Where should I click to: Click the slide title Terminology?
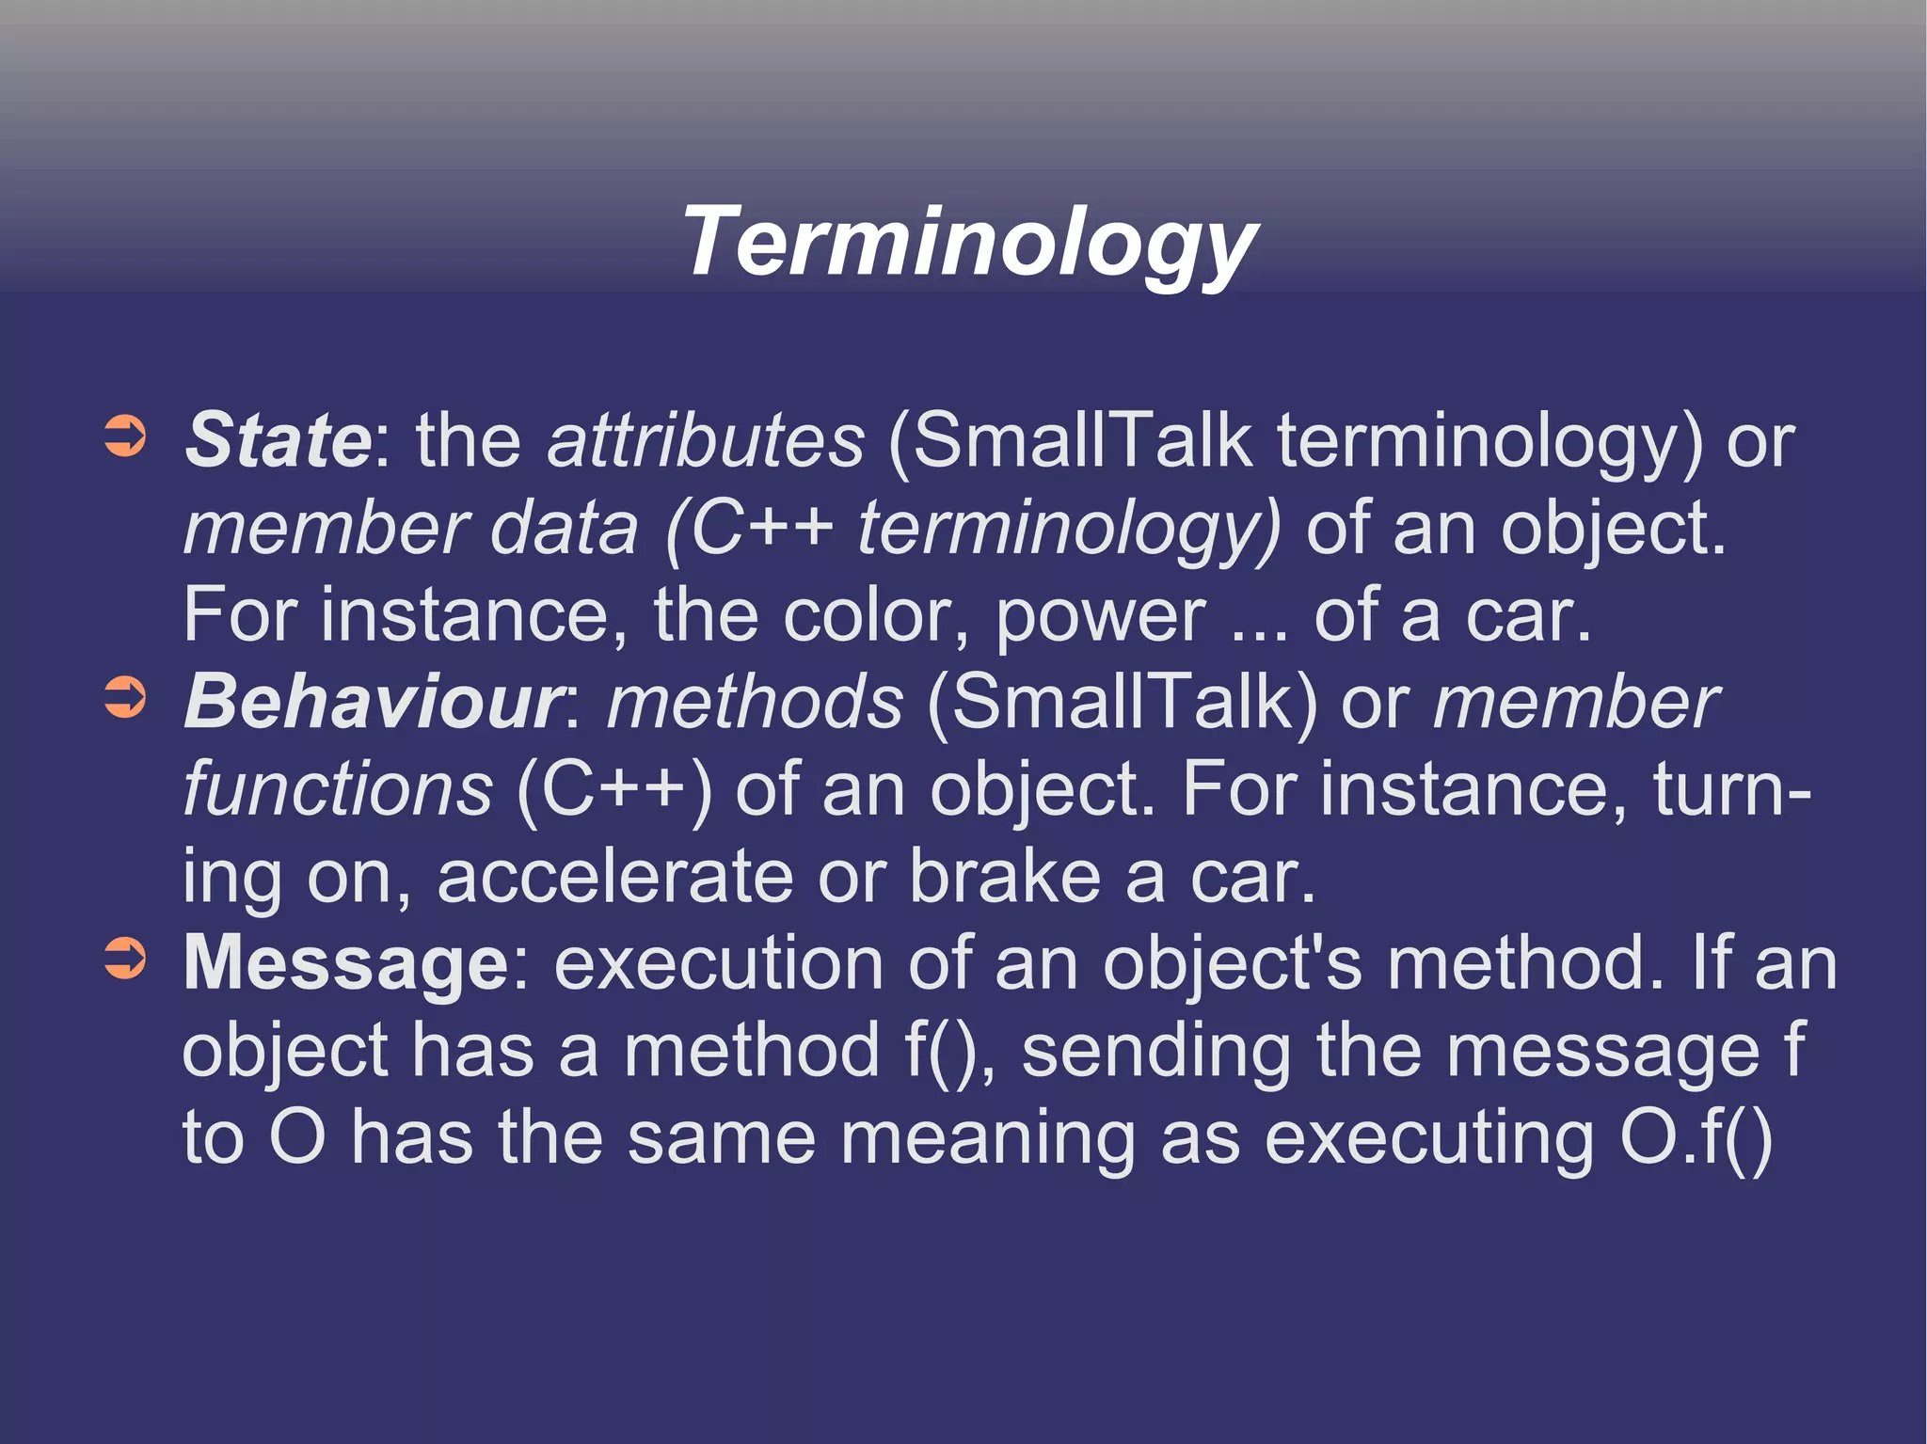point(968,243)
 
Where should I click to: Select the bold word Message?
point(346,963)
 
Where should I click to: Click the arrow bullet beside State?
point(125,437)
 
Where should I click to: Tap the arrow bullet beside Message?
point(125,960)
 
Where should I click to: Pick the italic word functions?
point(337,788)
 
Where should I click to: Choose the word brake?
point(1004,875)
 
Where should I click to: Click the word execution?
point(718,963)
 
